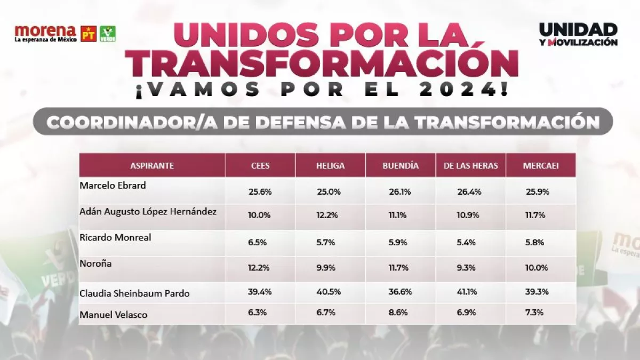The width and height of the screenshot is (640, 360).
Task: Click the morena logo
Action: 45,33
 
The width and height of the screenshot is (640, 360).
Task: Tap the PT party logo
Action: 89,34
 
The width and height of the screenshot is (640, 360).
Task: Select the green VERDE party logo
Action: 108,34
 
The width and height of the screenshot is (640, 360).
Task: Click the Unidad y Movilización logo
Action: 578,34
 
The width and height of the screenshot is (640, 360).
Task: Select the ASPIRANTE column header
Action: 152,165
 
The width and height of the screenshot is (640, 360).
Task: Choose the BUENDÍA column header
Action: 401,165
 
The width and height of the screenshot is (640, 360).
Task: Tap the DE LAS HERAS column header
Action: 470,165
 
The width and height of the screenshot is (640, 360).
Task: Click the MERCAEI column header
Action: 541,165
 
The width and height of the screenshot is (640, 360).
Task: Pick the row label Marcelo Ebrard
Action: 113,186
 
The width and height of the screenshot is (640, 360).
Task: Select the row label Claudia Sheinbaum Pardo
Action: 134,293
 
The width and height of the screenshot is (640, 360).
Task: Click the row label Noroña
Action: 95,263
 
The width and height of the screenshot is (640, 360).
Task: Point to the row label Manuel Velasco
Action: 113,315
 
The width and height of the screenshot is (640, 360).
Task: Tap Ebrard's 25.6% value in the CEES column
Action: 260,191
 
